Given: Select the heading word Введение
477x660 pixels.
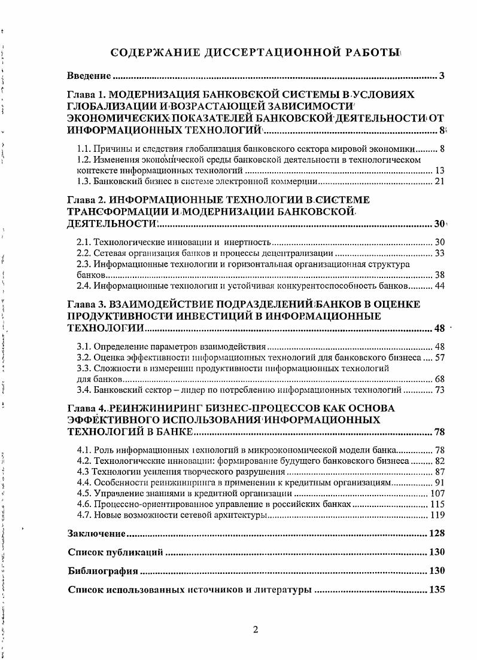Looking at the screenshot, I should (x=89, y=76).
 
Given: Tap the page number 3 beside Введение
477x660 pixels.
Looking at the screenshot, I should (x=441, y=76).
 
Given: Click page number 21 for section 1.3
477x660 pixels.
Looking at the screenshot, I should (x=439, y=181).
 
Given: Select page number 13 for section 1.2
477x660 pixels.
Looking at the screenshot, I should (x=439, y=170).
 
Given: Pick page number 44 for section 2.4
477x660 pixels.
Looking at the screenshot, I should (x=439, y=286).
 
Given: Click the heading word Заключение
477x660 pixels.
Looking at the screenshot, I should (x=96, y=534).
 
